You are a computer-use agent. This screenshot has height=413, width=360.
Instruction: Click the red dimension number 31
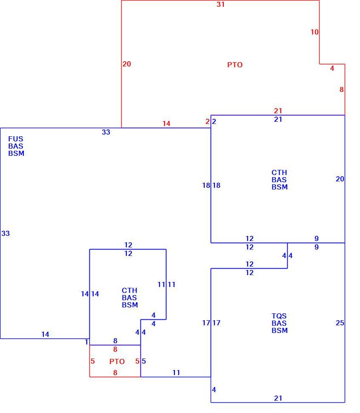[x=220, y=5]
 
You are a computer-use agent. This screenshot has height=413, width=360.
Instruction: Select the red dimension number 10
[x=314, y=32]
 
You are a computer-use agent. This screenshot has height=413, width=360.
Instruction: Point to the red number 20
[x=126, y=64]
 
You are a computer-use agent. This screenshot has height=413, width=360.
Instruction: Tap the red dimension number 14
[x=166, y=123]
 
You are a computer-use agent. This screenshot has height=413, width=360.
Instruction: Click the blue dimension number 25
[x=340, y=323]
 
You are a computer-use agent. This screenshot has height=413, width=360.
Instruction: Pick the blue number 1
[x=86, y=342]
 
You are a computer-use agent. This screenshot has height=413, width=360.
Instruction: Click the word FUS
[x=15, y=139]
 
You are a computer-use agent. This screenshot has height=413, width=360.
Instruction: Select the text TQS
[x=279, y=316]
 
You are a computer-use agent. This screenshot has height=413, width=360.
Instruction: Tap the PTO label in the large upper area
[x=235, y=65]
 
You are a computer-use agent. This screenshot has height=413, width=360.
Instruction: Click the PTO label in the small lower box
[x=117, y=361]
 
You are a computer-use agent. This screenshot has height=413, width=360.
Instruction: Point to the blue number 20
[x=340, y=179]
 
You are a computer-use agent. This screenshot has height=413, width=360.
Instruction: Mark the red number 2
[x=207, y=121]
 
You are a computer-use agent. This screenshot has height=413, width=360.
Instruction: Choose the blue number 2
[x=214, y=121]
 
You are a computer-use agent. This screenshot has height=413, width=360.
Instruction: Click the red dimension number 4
[x=332, y=69]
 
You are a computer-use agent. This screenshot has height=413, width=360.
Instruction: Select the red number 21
[x=278, y=111]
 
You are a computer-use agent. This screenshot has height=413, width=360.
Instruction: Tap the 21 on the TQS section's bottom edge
[x=278, y=398]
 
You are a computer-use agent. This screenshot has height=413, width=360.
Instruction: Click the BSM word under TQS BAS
[x=280, y=330]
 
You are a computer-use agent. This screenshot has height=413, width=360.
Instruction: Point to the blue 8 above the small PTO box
[x=115, y=341]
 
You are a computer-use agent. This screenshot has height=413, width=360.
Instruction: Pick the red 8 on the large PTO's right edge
[x=341, y=90]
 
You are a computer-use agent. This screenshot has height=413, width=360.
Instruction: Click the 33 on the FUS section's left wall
[x=6, y=233]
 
